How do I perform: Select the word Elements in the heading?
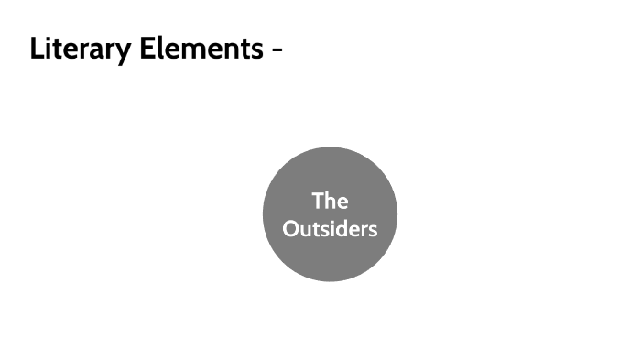[201, 49]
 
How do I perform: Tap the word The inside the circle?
[330, 201]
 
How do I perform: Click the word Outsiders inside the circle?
[330, 228]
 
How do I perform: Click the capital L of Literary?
[37, 49]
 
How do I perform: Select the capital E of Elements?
[147, 49]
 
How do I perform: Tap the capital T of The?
[317, 201]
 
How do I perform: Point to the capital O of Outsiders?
[290, 228]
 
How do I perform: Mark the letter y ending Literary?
[125, 51]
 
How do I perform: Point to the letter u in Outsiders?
[305, 230]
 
